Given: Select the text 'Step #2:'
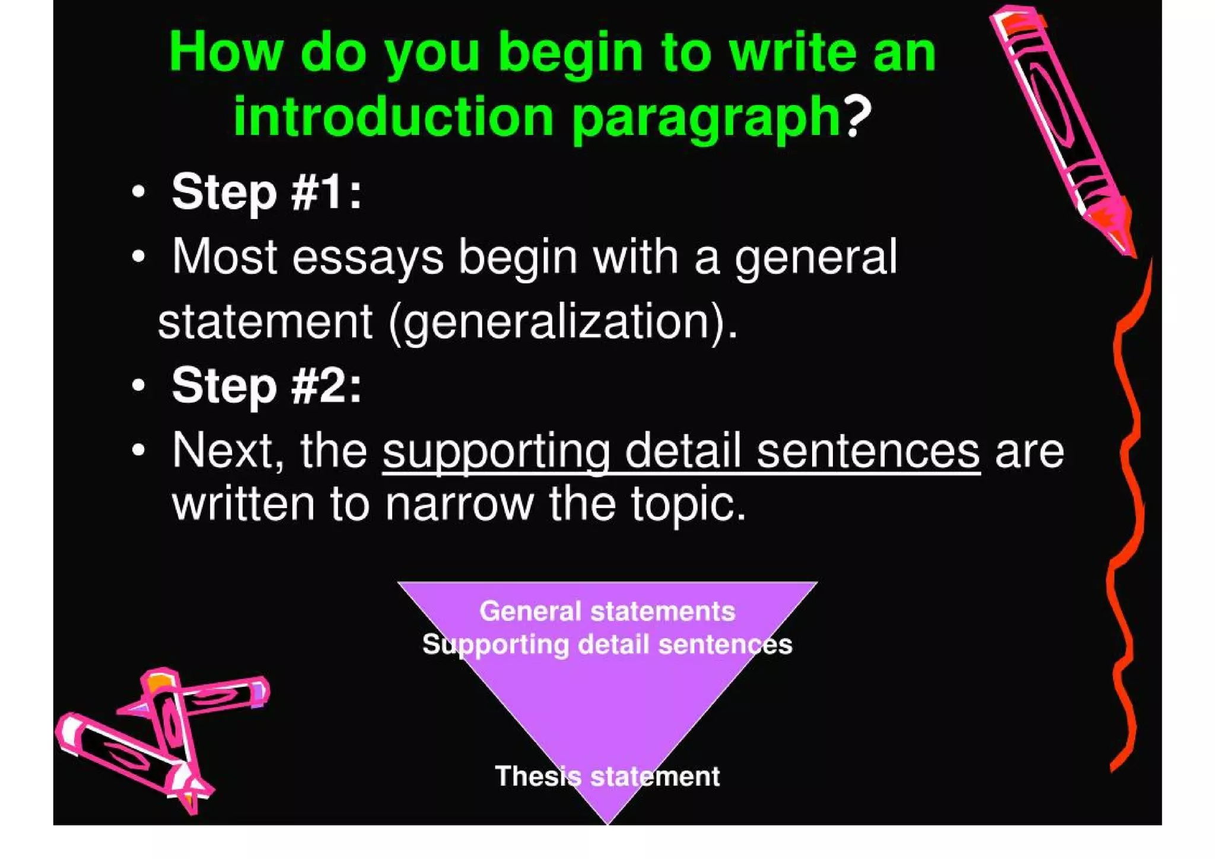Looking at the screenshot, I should [266, 385].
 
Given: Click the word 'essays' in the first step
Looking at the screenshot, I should [368, 257].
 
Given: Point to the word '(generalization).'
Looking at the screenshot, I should [564, 322].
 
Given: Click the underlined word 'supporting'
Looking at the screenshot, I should [496, 451].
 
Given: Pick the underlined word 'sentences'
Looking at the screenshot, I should [868, 451].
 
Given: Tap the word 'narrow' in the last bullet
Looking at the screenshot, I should [459, 504].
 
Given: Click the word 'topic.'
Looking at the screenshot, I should [688, 504].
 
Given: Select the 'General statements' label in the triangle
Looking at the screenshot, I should [607, 611].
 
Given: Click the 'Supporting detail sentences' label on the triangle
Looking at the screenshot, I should [607, 644].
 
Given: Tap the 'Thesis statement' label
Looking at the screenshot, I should [607, 776].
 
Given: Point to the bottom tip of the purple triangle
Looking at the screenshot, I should [607, 822].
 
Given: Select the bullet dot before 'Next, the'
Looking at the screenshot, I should [138, 450].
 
